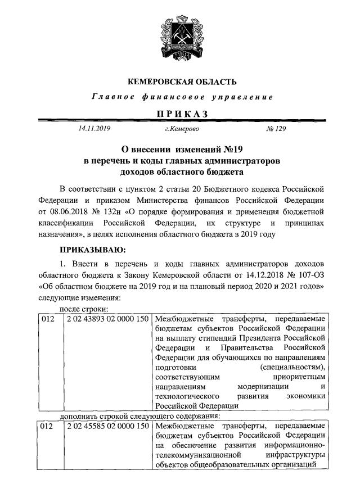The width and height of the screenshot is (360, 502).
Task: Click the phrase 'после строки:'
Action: click(84, 308)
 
